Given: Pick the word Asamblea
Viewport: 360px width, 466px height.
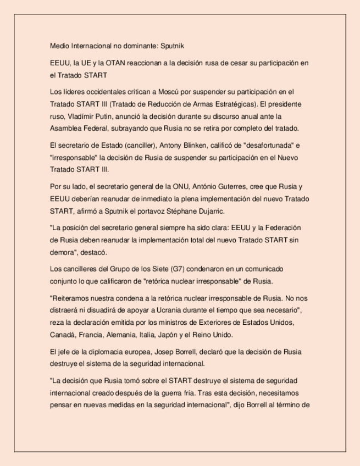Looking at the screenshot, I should (67, 129).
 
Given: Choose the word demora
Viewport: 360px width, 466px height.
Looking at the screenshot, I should (63, 252).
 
